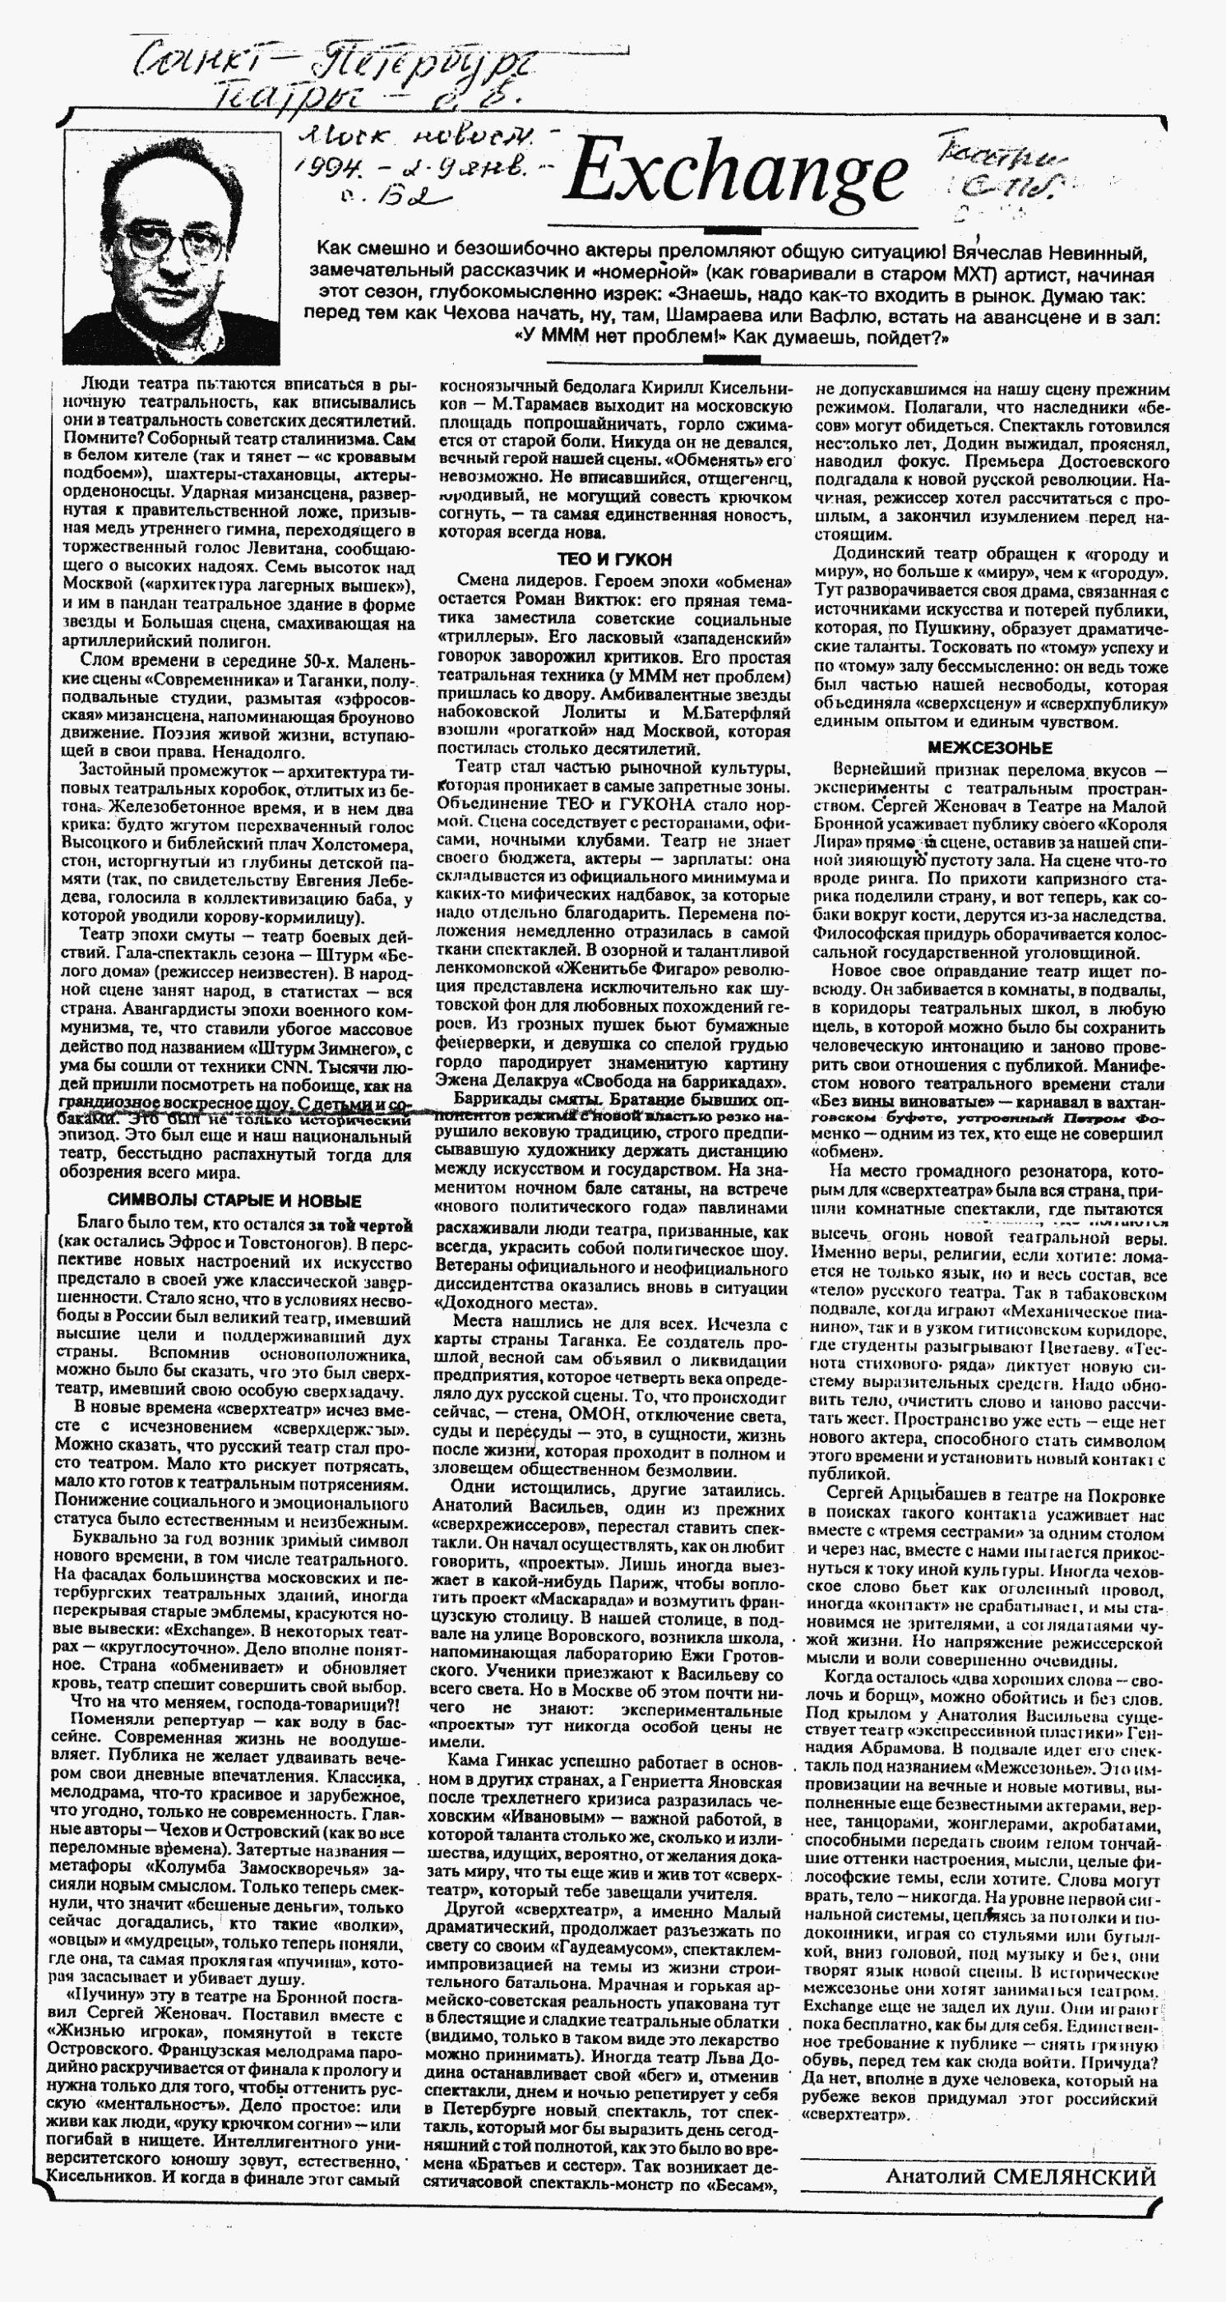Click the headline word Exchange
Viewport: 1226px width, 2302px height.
click(x=733, y=174)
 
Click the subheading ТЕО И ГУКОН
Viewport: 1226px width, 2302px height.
click(x=614, y=559)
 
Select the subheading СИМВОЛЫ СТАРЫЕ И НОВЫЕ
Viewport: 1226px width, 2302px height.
click(x=234, y=1200)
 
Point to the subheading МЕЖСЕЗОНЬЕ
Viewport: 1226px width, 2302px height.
click(x=988, y=747)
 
